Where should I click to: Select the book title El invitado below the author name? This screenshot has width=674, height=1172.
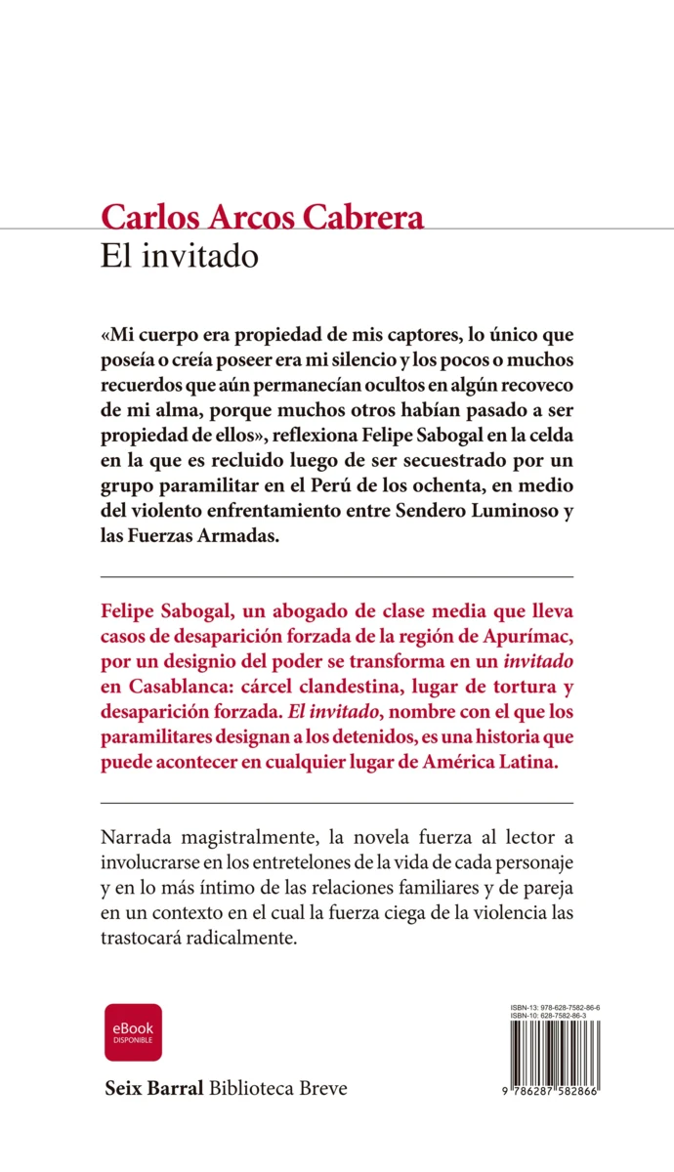[179, 256]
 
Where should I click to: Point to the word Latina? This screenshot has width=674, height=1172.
[527, 765]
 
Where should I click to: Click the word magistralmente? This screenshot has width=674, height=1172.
[239, 841]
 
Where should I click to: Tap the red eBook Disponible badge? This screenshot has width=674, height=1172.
[133, 1032]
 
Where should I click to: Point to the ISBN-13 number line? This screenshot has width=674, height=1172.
[555, 1007]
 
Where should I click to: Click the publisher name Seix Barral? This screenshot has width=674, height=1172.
[153, 1087]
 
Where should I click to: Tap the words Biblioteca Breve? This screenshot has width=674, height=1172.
[278, 1087]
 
